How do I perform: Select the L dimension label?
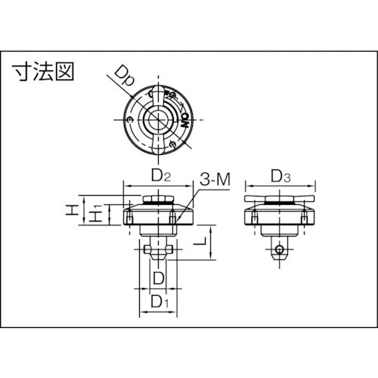point(196,243)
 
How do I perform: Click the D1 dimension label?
point(159,303)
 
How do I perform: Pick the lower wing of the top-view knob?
point(161,146)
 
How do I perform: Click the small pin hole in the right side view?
point(280,249)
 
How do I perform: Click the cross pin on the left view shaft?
point(157,247)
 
